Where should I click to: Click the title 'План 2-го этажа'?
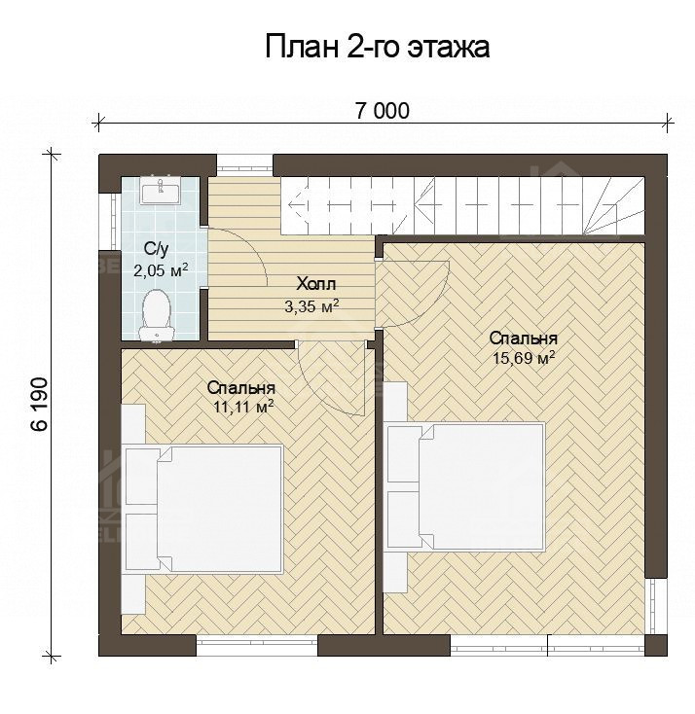[x=376, y=47]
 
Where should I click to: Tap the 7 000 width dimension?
[x=382, y=110]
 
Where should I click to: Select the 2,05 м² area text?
[x=161, y=270]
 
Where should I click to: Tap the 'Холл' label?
[x=316, y=284]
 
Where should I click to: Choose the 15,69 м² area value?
[x=524, y=358]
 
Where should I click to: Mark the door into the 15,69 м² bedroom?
[x=414, y=292]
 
